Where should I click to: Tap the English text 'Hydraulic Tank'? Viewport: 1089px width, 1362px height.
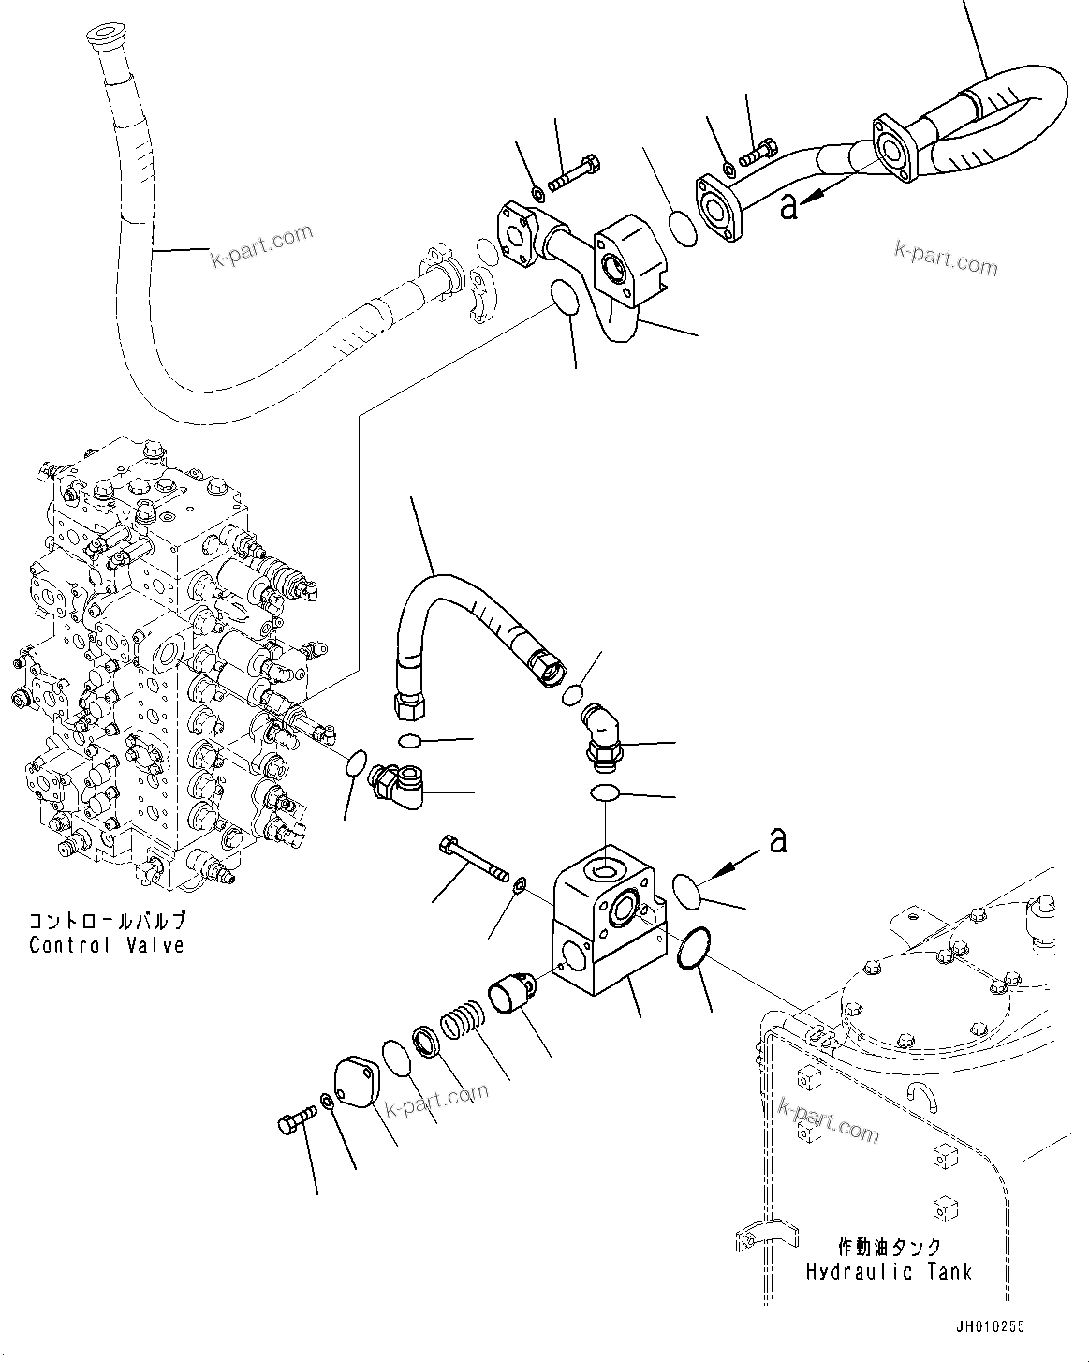pos(889,1271)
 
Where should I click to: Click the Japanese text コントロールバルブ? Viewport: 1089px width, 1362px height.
pos(106,920)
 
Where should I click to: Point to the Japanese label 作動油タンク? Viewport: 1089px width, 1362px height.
pos(889,1247)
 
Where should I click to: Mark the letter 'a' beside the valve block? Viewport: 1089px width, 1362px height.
pos(777,840)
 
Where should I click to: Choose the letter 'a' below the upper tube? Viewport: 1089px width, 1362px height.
pos(788,206)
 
